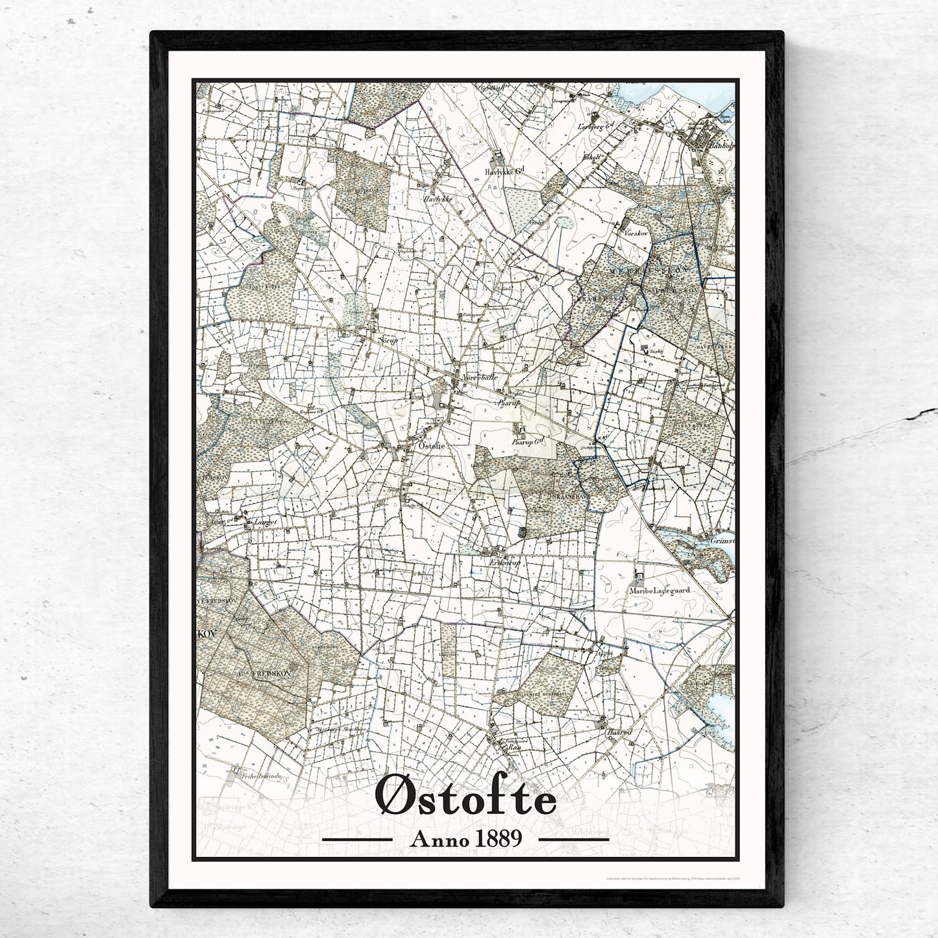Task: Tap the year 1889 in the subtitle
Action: (497, 839)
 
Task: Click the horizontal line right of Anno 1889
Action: (573, 839)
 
